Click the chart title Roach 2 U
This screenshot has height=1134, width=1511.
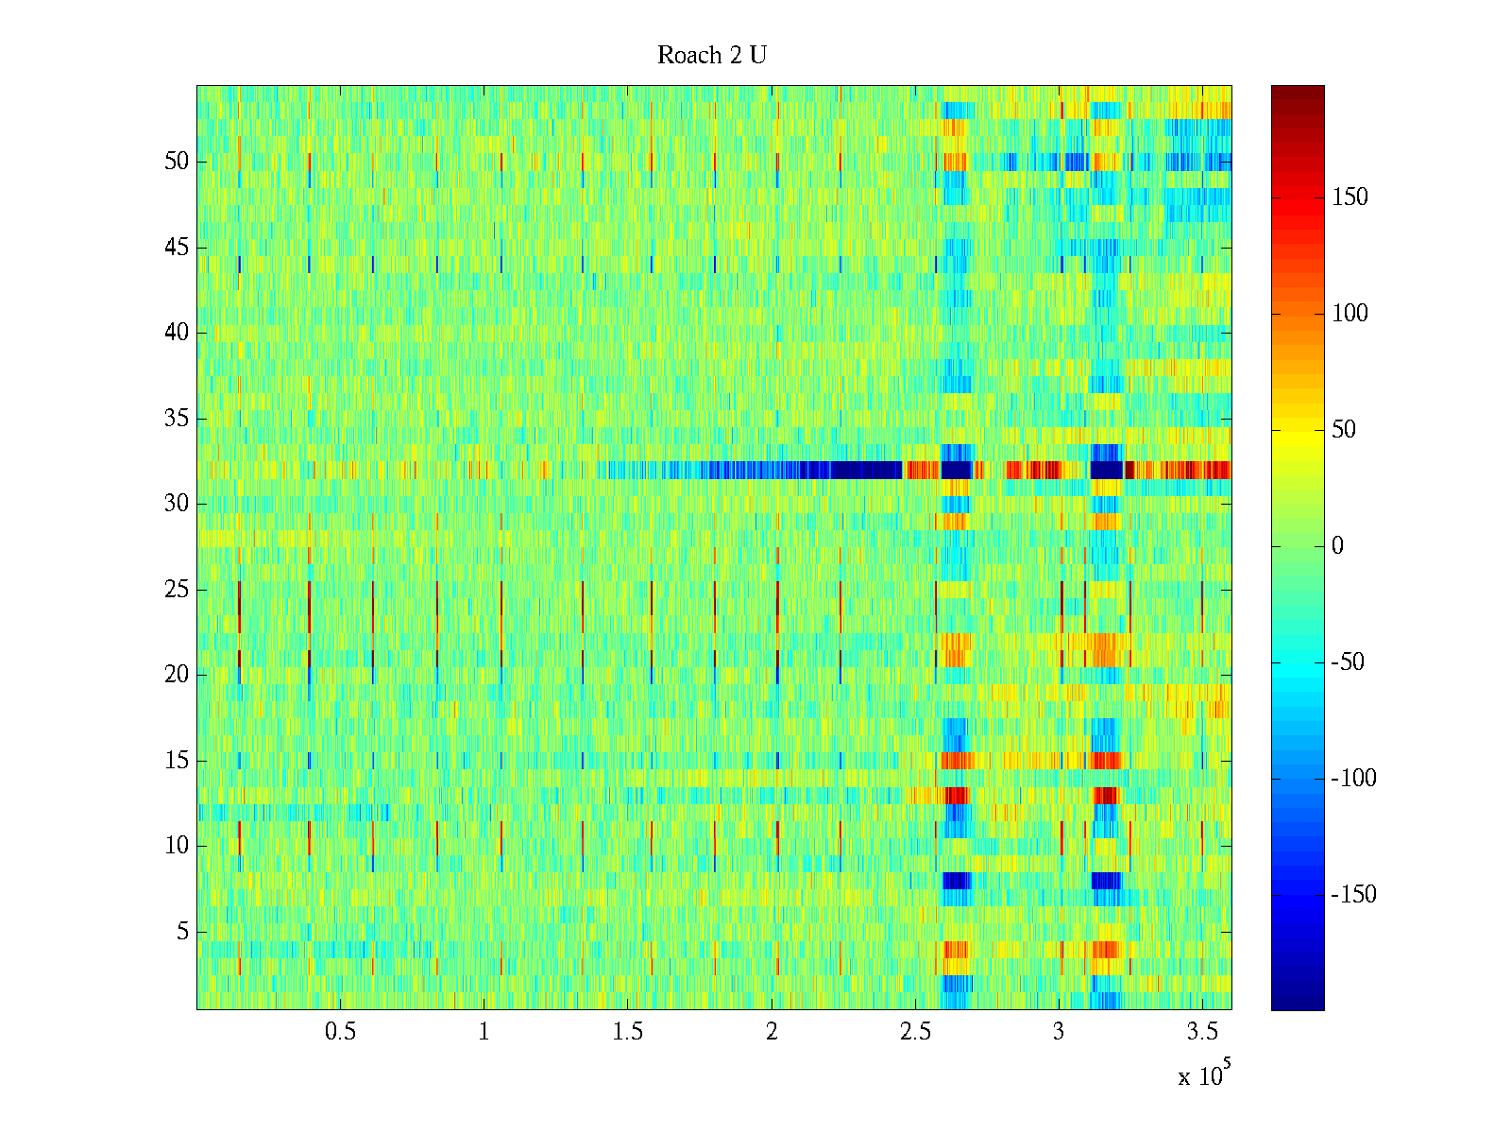tap(712, 56)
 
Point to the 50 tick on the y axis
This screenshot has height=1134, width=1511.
tap(177, 162)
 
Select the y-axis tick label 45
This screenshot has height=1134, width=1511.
tap(177, 248)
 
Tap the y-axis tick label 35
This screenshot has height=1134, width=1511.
tap(177, 419)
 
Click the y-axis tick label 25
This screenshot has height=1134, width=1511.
tap(177, 590)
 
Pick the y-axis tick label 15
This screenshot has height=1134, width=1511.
tap(177, 761)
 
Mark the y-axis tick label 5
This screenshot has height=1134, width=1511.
tap(182, 932)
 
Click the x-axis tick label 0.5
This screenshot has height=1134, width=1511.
tap(340, 1032)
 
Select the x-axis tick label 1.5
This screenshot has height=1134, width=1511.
tap(627, 1032)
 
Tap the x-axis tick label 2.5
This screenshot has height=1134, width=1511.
tap(915, 1032)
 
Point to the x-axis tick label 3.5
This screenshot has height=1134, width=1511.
tap(1202, 1032)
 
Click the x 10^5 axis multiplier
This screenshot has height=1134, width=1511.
tap(1204, 1074)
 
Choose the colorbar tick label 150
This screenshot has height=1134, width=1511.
tap(1350, 198)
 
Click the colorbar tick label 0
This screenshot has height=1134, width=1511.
tap(1337, 546)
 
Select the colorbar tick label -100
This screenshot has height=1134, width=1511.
tap(1353, 779)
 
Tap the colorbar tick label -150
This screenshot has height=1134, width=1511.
tap(1353, 895)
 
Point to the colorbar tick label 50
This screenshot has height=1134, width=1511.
tap(1344, 430)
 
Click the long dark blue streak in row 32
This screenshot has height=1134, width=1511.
tap(850, 470)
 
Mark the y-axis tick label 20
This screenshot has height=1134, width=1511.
tap(177, 675)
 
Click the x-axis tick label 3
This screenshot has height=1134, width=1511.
tap(1059, 1032)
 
